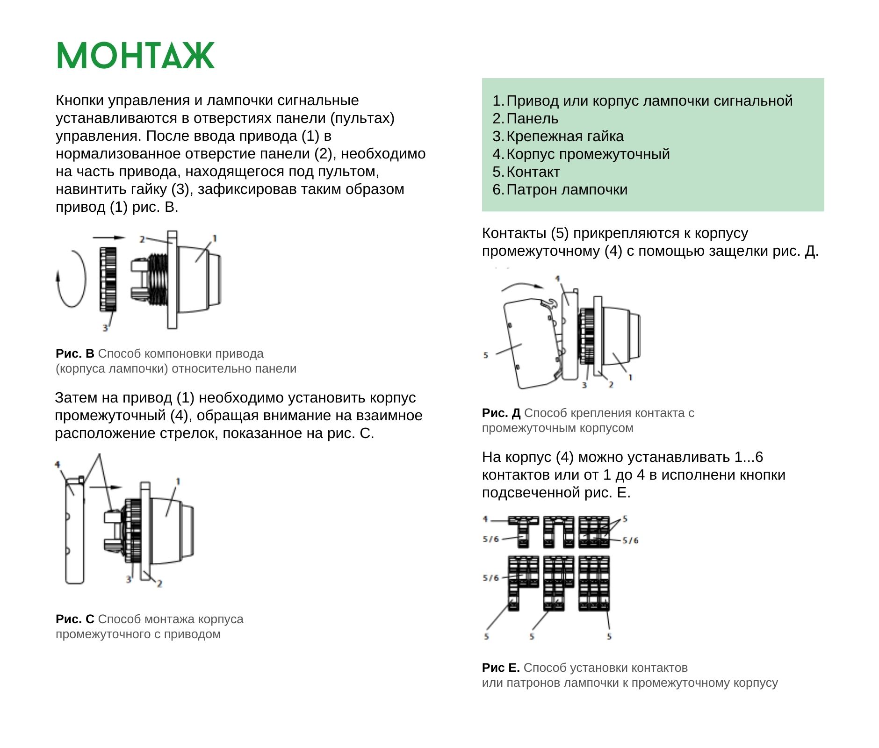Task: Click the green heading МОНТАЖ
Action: pyautogui.click(x=135, y=56)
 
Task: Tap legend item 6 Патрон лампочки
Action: pyautogui.click(x=560, y=189)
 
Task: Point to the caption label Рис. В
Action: pyautogui.click(x=75, y=353)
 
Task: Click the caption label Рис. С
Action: pyautogui.click(x=75, y=619)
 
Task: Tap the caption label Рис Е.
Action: pyautogui.click(x=500, y=668)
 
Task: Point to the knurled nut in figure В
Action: pyautogui.click(x=108, y=279)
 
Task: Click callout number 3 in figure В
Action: pyautogui.click(x=105, y=328)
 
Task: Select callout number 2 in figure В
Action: pyautogui.click(x=142, y=239)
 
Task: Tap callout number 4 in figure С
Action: pyautogui.click(x=58, y=464)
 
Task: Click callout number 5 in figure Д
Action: pyautogui.click(x=486, y=355)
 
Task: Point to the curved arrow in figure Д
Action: pyautogui.click(x=523, y=285)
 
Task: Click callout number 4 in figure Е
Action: pyautogui.click(x=485, y=519)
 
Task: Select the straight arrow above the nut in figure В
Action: pyautogui.click(x=109, y=237)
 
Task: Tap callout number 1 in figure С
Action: pyautogui.click(x=178, y=481)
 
